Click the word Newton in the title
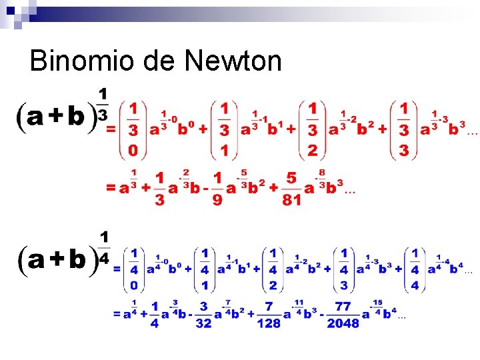tap(233, 61)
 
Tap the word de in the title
tap(157, 61)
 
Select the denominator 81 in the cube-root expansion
tap(291, 199)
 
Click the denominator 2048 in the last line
tap(343, 323)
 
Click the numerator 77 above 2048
tap(343, 306)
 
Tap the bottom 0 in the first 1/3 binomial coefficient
tap(133, 151)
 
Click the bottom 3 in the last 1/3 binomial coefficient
tap(403, 151)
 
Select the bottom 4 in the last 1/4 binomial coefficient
tap(415, 285)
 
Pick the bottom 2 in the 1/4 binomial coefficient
tap(273, 285)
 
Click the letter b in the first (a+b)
tap(76, 117)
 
